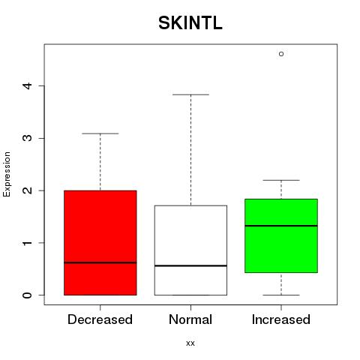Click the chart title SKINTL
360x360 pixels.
[190, 23]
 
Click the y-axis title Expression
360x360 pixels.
[7, 174]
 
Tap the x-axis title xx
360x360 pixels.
[190, 343]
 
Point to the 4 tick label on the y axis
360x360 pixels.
[27, 85]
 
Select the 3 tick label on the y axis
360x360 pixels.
[27, 138]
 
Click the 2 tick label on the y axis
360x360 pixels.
[27, 190]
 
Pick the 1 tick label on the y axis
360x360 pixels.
[27, 243]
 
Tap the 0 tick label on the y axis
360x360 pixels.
[27, 295]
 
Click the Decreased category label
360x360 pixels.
[100, 319]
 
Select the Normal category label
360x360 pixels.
[190, 319]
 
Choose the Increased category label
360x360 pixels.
[281, 319]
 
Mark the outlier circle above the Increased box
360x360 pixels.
[281, 54]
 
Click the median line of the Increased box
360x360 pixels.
[281, 226]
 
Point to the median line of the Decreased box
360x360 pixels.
[100, 262]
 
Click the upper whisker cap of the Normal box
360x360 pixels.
[190, 94]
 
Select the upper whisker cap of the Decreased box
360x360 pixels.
[100, 133]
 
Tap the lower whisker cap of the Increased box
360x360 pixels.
[281, 295]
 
